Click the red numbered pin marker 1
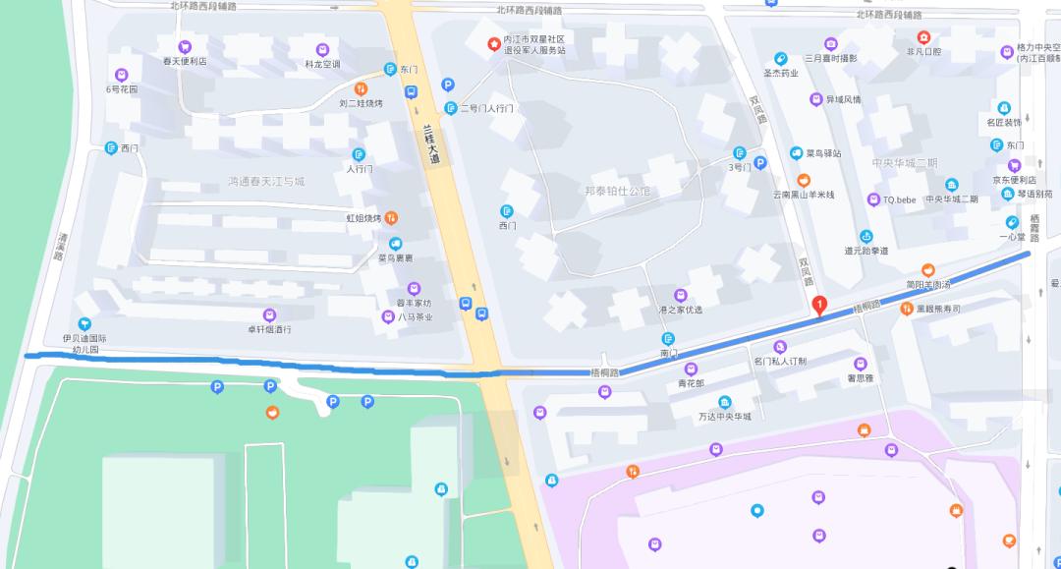pos(820,306)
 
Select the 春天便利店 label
pos(185,61)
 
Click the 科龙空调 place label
pos(322,64)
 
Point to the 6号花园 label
pos(122,89)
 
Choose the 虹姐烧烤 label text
pos(363,218)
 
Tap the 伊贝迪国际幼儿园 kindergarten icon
pos(84,324)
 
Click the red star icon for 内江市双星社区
pos(494,43)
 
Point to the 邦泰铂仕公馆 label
pos(617,191)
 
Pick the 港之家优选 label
pos(680,310)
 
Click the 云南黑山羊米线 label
pos(803,195)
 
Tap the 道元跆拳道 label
pos(866,251)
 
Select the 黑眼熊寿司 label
pos(937,309)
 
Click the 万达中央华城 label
pos(725,416)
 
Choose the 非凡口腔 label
pos(923,51)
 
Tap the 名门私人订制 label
pos(780,361)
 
